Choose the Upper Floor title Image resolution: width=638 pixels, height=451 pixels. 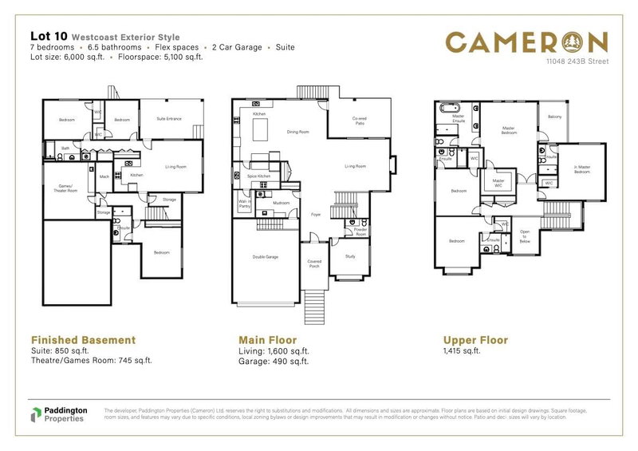(x=475, y=339)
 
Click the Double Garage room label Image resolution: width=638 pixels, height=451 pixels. (x=266, y=257)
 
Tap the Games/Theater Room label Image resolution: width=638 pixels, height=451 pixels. (x=61, y=188)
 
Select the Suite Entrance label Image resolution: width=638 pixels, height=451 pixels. (x=169, y=119)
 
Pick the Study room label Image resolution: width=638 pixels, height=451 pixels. (x=350, y=256)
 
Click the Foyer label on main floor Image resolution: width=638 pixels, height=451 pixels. (x=315, y=213)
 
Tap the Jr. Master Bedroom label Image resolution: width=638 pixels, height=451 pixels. (x=581, y=169)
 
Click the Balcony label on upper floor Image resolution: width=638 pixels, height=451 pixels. (x=554, y=117)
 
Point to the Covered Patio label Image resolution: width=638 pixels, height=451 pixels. (x=359, y=121)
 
